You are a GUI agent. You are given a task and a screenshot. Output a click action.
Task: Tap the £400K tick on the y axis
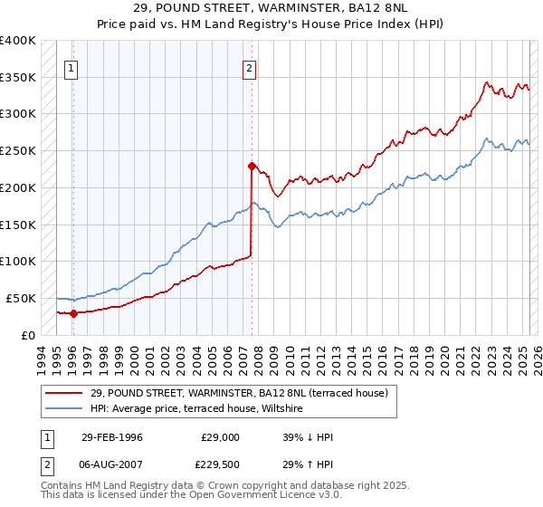click(18, 41)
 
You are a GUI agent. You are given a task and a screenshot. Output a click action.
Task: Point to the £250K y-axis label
click(18, 151)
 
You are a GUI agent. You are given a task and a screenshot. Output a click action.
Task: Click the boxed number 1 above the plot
click(71, 67)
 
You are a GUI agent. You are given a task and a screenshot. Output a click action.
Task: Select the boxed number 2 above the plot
click(249, 67)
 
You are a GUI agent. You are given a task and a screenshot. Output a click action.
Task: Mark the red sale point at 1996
click(72, 313)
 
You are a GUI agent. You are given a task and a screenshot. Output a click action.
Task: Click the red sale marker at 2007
click(251, 166)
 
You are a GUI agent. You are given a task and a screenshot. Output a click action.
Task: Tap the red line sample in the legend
click(64, 394)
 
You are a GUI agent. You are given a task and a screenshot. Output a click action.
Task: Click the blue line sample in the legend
click(64, 409)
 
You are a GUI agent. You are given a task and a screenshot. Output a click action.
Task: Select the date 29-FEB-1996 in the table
click(111, 437)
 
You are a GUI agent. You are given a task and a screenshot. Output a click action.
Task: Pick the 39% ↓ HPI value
click(309, 437)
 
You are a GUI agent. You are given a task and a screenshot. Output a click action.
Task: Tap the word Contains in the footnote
click(64, 486)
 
